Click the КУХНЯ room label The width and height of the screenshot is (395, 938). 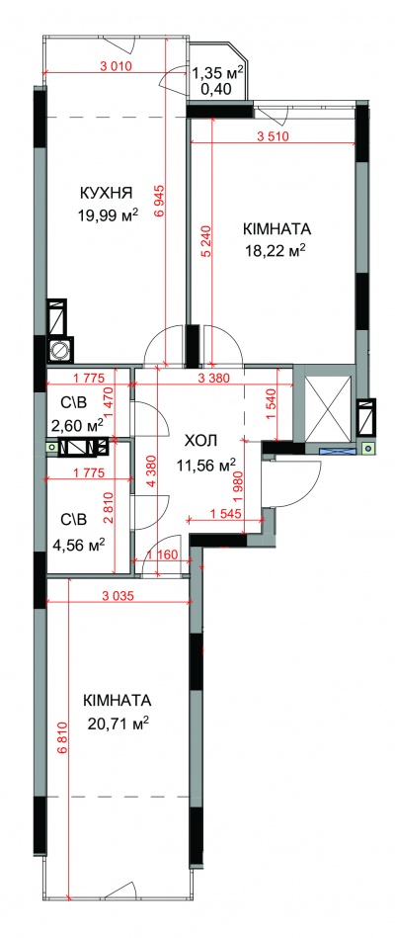click(x=106, y=193)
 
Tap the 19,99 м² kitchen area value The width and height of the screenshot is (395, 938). click(x=109, y=214)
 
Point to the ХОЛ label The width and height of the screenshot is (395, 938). click(x=201, y=442)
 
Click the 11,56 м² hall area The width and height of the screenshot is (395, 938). click(x=206, y=463)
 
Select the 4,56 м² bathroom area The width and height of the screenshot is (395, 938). click(x=79, y=545)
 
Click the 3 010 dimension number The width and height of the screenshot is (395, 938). click(x=114, y=66)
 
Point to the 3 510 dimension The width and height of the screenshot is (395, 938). click(x=273, y=135)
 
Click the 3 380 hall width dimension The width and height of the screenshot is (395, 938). click(x=212, y=378)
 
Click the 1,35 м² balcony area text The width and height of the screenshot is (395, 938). click(x=217, y=73)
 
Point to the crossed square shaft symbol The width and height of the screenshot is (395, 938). click(x=329, y=407)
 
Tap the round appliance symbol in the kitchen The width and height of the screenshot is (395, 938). click(x=61, y=349)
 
